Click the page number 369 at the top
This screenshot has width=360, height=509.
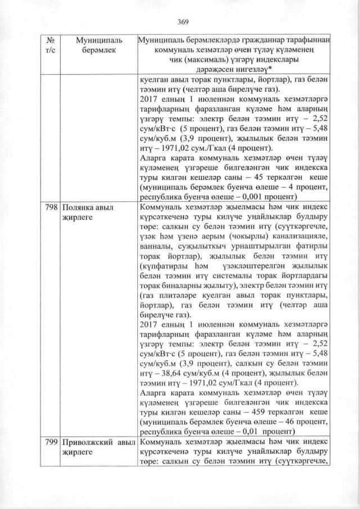point(182,22)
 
